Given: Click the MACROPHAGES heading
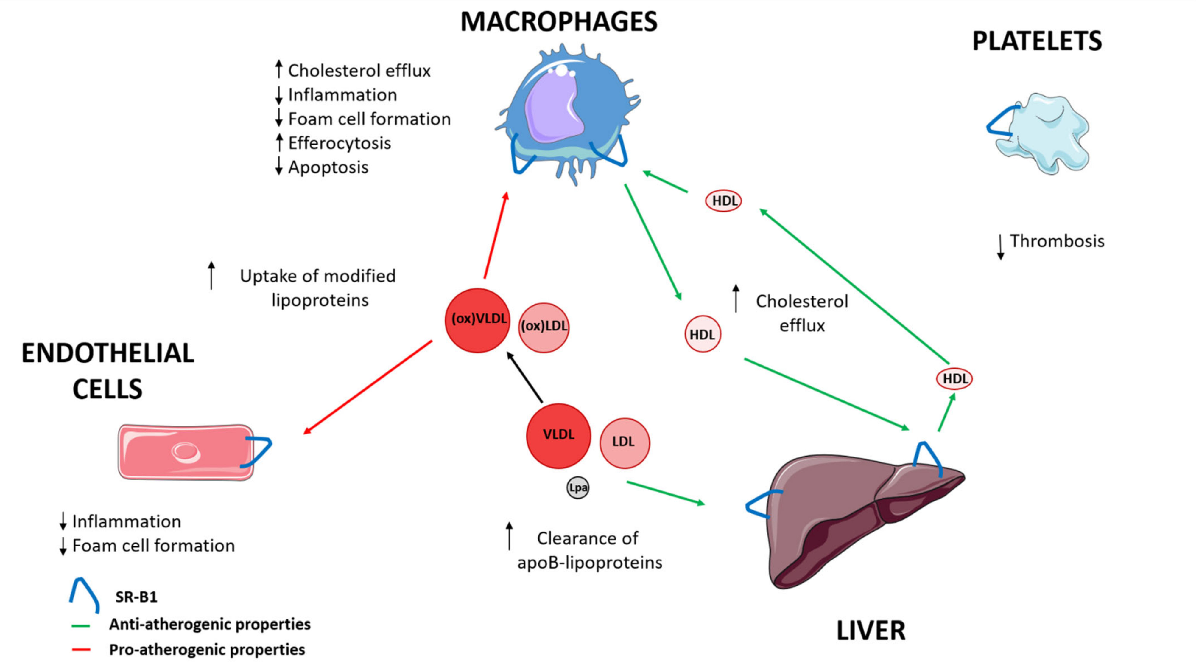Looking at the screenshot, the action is pyautogui.click(x=558, y=21).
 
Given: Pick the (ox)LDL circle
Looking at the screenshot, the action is pyautogui.click(x=544, y=327).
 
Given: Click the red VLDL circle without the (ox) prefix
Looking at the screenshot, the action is pyautogui.click(x=558, y=435).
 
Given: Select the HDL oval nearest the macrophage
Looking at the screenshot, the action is pyautogui.click(x=723, y=201).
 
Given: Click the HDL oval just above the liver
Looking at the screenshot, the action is pyautogui.click(x=954, y=378).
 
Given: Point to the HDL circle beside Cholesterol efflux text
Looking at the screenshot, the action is pyautogui.click(x=702, y=334).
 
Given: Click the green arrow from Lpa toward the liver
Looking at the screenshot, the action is pyautogui.click(x=666, y=493).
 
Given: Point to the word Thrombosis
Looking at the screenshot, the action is pyautogui.click(x=1057, y=241).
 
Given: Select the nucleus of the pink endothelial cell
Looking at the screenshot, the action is pyautogui.click(x=186, y=452).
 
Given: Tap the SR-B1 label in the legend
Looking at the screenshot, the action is pyautogui.click(x=136, y=597).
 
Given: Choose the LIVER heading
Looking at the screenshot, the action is pyautogui.click(x=871, y=631).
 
